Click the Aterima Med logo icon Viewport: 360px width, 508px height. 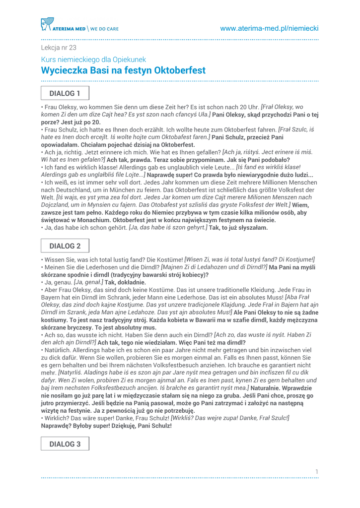pos(47,24)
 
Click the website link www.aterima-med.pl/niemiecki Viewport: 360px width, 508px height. pos(269,29)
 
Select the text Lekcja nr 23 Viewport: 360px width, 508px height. pos(59,48)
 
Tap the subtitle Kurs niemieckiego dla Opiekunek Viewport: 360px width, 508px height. pos(93,60)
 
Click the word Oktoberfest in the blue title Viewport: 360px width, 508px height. pos(180,70)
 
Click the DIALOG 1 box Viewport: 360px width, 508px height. pos(65,93)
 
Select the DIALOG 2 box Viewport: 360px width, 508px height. pos(65,246)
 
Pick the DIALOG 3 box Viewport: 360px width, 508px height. pos(65,444)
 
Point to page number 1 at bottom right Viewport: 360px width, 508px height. pos(316,471)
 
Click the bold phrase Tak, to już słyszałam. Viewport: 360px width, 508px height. pos(238,228)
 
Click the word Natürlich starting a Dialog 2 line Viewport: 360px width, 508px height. pos(58,350)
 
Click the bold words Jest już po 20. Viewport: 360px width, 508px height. pos(80,122)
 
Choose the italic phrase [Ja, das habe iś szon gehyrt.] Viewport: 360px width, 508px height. pos(168,228)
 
